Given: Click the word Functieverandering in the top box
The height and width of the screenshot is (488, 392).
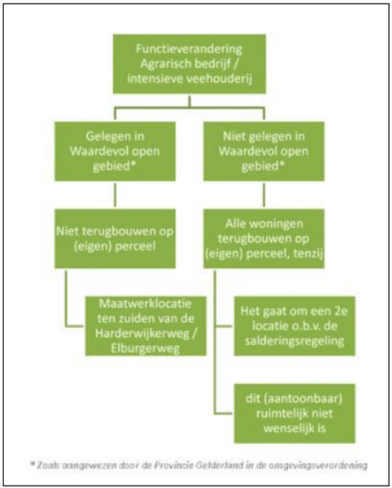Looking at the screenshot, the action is point(189,49).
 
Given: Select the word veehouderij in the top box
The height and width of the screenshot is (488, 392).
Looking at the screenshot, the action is point(219,79).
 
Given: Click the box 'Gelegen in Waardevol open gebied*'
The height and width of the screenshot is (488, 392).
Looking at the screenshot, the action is point(115,152).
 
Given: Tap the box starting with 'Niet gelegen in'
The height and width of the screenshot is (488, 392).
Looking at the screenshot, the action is point(264,152).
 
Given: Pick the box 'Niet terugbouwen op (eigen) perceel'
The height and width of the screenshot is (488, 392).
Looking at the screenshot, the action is point(115,239).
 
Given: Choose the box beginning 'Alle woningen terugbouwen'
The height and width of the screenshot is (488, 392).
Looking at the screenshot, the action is point(264,239).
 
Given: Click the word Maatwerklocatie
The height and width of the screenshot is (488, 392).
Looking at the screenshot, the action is point(145,303).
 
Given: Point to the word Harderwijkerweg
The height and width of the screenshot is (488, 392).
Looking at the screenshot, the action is point(142,333).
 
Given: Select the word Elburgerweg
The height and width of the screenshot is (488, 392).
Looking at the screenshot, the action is point(146,349).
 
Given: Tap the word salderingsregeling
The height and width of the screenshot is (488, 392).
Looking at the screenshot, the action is point(294,341).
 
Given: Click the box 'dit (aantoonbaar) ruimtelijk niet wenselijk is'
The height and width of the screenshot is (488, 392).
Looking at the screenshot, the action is point(294,413).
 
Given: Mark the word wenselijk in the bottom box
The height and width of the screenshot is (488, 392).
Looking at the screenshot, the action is point(287,428).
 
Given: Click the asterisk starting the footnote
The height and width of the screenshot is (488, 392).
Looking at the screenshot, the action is point(33,464).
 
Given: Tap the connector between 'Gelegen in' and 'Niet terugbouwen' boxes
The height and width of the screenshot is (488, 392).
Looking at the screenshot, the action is point(115,195).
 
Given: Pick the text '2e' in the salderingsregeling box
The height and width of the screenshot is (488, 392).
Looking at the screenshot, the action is point(340,311).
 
